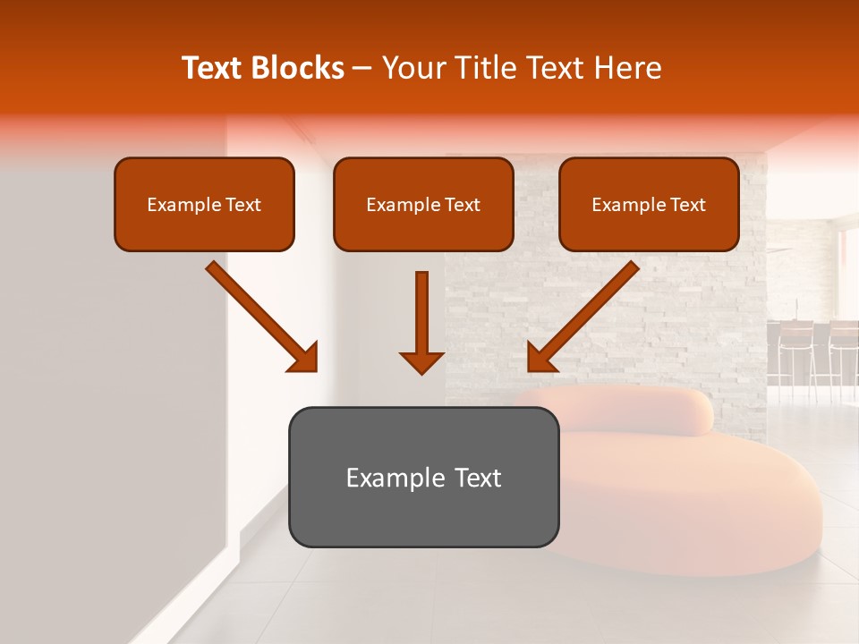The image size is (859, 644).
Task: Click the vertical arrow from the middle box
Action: pyautogui.click(x=421, y=313)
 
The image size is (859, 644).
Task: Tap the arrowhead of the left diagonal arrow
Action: pyautogui.click(x=304, y=358)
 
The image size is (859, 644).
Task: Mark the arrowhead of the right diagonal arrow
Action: pyautogui.click(x=540, y=358)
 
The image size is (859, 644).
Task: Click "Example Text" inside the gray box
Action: pyautogui.click(x=423, y=478)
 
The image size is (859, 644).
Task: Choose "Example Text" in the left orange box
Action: pyautogui.click(x=204, y=205)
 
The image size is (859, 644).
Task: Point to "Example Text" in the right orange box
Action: pyautogui.click(x=649, y=205)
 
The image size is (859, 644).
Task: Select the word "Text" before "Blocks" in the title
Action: pyautogui.click(x=212, y=68)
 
